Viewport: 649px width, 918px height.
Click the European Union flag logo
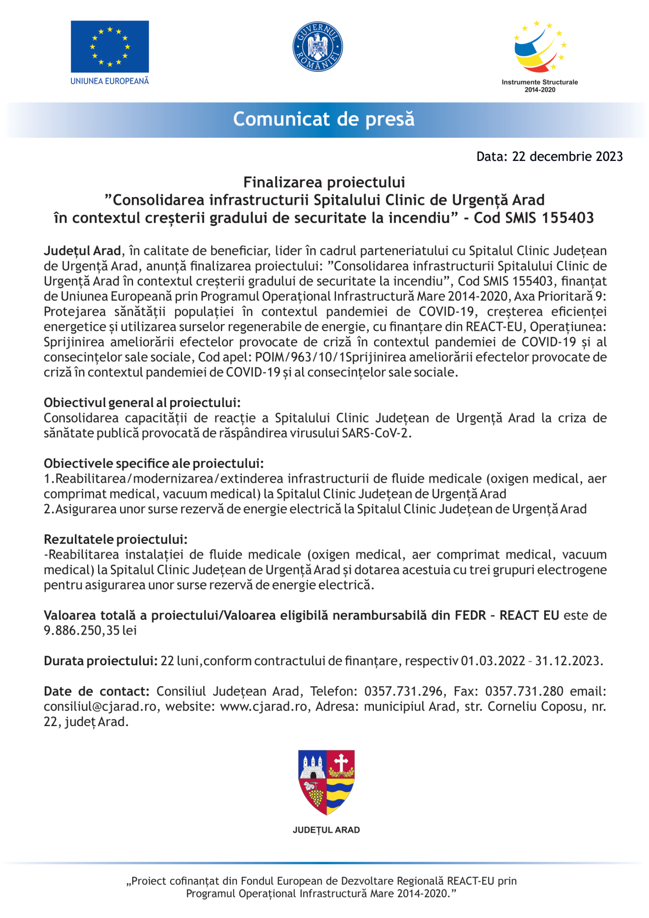109,46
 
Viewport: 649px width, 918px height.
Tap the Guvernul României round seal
318,46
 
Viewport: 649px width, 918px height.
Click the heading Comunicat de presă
324,119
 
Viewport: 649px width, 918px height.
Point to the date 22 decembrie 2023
567,157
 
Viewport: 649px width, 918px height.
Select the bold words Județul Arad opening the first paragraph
82,251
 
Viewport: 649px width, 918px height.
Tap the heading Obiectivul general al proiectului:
142,403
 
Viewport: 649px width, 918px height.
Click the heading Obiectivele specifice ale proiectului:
154,464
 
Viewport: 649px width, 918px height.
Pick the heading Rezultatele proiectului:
116,540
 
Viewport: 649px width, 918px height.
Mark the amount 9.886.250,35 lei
90,631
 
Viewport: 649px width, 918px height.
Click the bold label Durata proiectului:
101,661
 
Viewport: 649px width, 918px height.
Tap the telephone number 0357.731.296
403,691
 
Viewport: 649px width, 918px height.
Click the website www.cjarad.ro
264,707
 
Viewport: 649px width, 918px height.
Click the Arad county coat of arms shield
326,782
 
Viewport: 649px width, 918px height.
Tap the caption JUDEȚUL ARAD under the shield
326,830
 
